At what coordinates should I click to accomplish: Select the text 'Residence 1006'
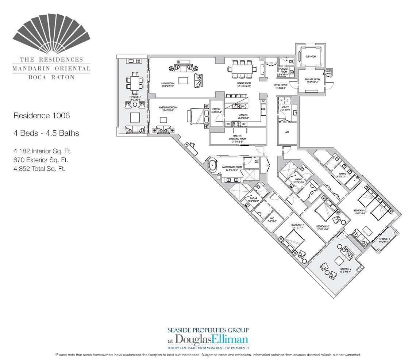41,116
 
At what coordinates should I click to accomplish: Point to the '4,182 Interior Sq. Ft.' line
41,151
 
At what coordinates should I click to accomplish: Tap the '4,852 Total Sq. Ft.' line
39,169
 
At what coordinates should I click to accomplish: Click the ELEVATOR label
311,57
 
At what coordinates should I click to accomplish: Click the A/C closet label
287,132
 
